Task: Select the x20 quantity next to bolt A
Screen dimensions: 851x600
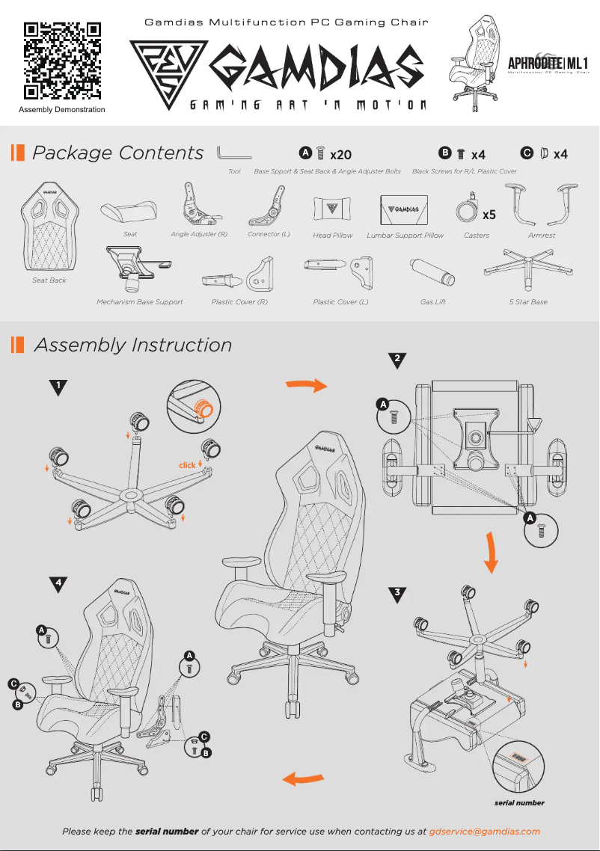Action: (x=340, y=155)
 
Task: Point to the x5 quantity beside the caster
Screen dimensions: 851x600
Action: (x=489, y=215)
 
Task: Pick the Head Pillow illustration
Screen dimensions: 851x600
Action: (x=332, y=207)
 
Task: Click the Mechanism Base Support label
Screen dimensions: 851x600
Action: (x=139, y=302)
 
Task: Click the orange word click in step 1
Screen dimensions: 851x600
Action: (x=187, y=465)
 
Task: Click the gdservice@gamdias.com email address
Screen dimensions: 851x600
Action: (x=485, y=831)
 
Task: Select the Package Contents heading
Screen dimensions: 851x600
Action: (x=117, y=153)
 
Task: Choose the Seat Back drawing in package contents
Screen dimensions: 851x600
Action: (x=49, y=229)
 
